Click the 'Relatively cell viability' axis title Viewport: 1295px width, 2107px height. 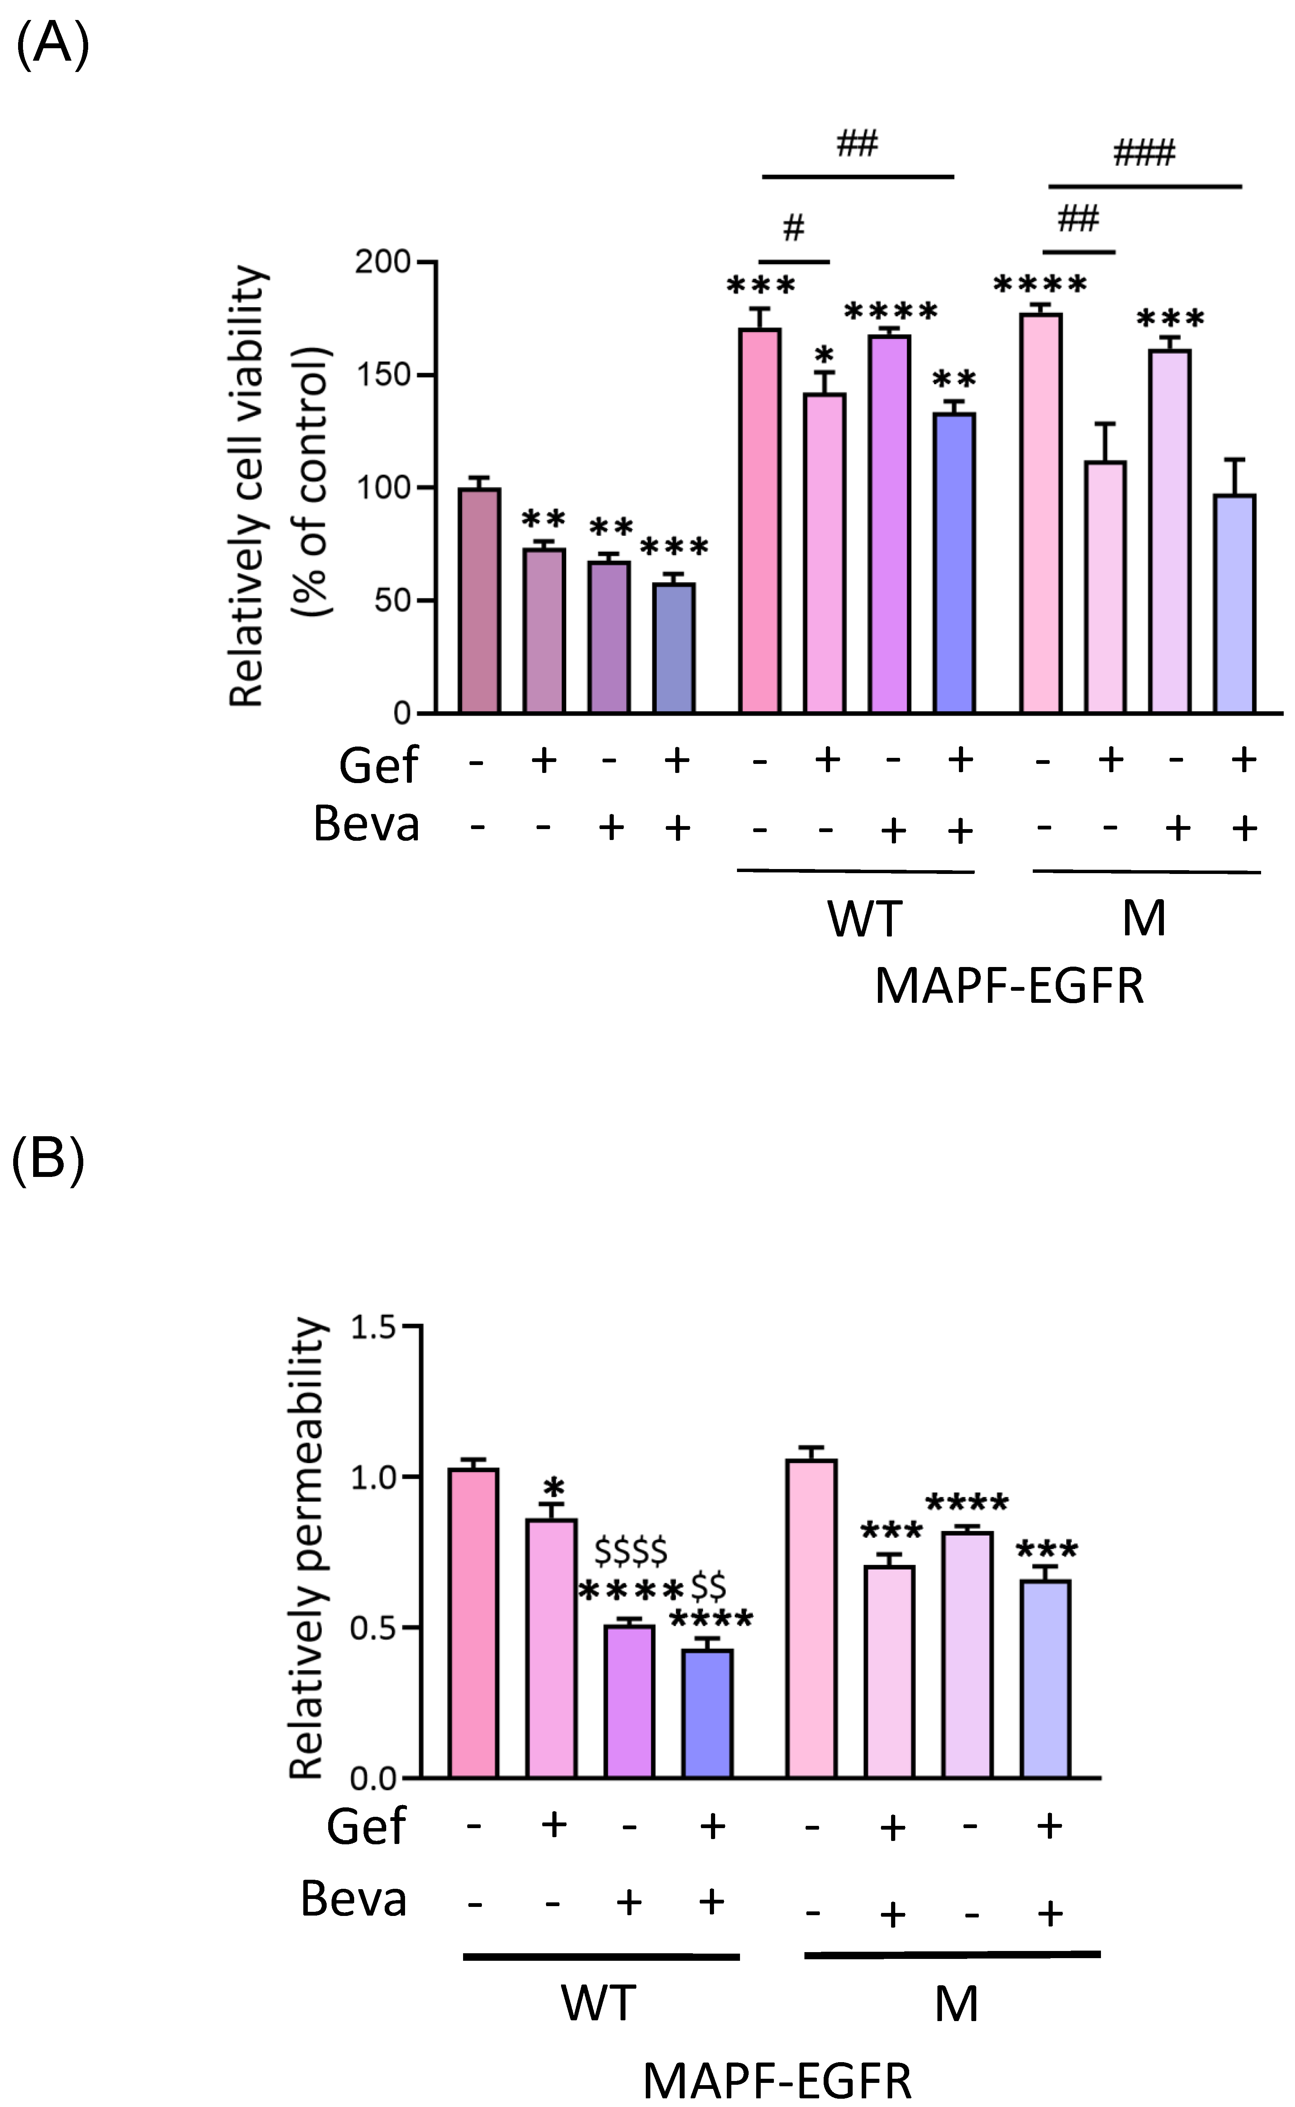point(248,487)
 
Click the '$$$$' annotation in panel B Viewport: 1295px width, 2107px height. point(631,1550)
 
